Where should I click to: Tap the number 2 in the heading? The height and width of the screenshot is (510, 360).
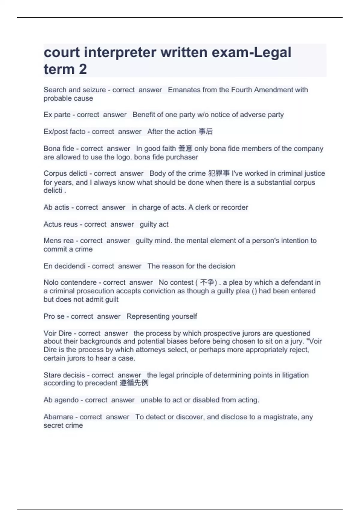(x=83, y=69)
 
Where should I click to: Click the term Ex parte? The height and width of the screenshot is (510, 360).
(x=57, y=115)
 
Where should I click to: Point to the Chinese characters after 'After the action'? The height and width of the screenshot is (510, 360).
(x=206, y=131)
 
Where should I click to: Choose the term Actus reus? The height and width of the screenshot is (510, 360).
(x=61, y=224)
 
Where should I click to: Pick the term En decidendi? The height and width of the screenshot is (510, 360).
(x=64, y=266)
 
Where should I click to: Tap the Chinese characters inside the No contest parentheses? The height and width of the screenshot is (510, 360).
(x=207, y=282)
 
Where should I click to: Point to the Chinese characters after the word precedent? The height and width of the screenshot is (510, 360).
(x=134, y=383)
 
